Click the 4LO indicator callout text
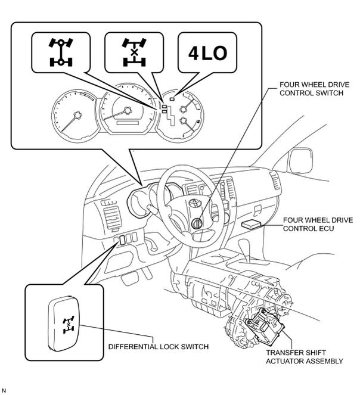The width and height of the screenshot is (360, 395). coord(207,54)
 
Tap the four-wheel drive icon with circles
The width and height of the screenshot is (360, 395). coord(61,52)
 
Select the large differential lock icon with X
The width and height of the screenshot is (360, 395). coord(134,52)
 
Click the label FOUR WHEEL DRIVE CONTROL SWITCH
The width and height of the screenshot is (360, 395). coord(314,89)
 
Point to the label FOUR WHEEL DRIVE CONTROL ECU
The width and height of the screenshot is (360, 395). coord(318,224)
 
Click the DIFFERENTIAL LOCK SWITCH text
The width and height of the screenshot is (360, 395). coord(159,347)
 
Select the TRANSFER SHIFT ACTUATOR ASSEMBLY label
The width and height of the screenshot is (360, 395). coord(305,357)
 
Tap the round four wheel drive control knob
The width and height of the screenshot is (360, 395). coord(197,223)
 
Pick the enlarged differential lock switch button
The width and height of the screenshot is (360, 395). coord(64,324)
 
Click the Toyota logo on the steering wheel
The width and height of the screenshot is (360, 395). coord(195,203)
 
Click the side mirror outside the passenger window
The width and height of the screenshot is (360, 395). coord(301,161)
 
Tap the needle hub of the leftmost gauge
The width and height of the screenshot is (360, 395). coord(77,115)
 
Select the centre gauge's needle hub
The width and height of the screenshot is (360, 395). coord(128,111)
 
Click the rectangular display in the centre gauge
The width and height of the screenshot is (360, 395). coord(128,123)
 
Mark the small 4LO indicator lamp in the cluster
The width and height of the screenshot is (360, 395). coord(172,99)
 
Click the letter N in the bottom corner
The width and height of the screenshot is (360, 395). coord(4,390)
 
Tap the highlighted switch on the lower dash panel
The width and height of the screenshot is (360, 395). coord(123,240)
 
